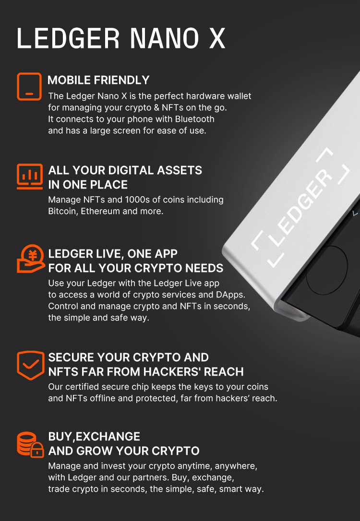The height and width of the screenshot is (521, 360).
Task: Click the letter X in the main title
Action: point(216,38)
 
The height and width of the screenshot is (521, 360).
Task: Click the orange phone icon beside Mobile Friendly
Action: point(29,86)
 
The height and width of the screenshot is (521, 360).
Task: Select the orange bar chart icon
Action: point(29,176)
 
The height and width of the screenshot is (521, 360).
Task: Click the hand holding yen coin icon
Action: point(30,259)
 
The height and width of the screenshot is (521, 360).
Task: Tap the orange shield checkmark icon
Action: point(30,365)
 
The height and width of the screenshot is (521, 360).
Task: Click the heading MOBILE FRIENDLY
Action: point(98,80)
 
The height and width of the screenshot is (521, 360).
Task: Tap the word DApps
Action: point(231,295)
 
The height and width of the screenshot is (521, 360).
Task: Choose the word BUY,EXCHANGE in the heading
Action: point(94,437)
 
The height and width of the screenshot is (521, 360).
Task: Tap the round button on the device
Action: point(326,270)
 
